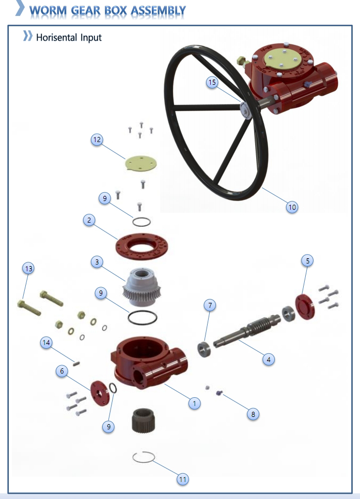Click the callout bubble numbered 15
point(212,82)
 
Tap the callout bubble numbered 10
point(292,207)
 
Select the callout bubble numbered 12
point(97,139)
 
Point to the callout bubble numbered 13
point(28,269)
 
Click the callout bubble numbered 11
point(182,479)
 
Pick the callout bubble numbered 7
point(210,305)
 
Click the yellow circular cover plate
point(141,163)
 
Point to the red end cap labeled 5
point(305,307)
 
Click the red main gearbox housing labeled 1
point(149,363)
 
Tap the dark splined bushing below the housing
point(143,420)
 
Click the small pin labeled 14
point(76,364)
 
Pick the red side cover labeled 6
point(100,393)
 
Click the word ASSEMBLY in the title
point(158,10)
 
